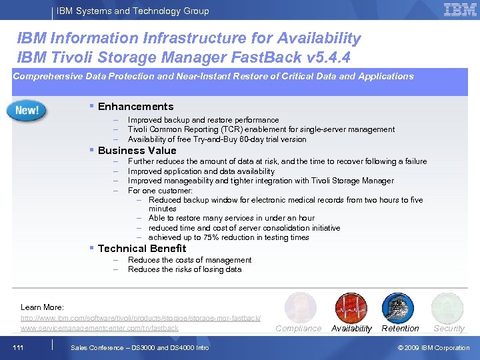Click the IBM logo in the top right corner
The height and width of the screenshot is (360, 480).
pos(460,10)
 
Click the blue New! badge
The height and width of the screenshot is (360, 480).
pos(27,110)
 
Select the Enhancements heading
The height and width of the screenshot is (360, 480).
pos(135,107)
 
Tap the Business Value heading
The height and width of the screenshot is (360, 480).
pos(137,151)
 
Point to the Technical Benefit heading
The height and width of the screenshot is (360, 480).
pos(142,249)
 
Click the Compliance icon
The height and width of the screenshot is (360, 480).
pos(299,307)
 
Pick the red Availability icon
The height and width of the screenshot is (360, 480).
pos(351,307)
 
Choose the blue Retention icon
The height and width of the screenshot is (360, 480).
pos(398,307)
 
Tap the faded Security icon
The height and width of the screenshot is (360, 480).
pos(447,307)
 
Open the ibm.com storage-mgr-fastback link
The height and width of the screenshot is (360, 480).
pos(141,318)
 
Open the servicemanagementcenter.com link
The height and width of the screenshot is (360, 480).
pos(100,328)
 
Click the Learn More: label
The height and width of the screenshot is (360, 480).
pos(42,307)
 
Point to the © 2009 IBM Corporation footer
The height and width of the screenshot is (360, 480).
pos(433,347)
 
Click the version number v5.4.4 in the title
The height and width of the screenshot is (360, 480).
pos(325,57)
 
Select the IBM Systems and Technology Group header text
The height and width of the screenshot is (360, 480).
pos(133,11)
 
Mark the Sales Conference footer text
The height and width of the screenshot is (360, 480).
pos(139,347)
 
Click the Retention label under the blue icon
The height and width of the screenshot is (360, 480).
pos(400,329)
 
